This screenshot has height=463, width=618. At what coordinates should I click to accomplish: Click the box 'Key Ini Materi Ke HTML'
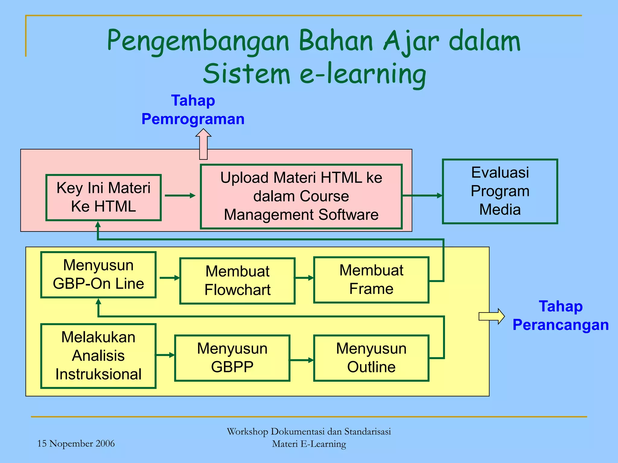pos(104,197)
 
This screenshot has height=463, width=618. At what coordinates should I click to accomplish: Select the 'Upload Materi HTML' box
pos(301,196)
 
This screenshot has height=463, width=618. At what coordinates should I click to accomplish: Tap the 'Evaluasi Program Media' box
pos(500,191)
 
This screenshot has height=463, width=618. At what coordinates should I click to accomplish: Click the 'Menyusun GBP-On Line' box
pos(98,275)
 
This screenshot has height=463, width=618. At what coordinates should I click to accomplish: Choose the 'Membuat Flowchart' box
pos(237,281)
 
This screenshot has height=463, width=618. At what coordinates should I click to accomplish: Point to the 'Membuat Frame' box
pos(371,280)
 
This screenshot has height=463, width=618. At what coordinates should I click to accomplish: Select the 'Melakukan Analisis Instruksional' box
pos(98,356)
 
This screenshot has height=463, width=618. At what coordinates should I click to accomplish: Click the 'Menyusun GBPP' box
pos(232,358)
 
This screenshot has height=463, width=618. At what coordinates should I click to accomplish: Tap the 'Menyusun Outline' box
pos(371,358)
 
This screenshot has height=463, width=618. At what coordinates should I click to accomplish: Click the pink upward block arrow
pos(203,144)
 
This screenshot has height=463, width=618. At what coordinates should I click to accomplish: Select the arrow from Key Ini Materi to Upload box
pos(180,196)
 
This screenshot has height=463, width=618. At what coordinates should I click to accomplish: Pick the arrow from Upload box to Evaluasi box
pos(422,196)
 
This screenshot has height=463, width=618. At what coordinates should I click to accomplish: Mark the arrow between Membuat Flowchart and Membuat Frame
pos(304,278)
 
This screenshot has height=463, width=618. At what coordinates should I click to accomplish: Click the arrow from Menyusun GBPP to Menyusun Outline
pos(301,360)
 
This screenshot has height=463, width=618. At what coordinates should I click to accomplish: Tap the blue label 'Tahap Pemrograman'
pos(193,110)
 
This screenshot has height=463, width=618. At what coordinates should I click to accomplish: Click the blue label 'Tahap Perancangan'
pos(560,316)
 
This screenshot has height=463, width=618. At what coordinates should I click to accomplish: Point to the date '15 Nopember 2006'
pos(76,443)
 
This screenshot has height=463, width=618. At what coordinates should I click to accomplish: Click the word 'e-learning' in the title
pos(363,74)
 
